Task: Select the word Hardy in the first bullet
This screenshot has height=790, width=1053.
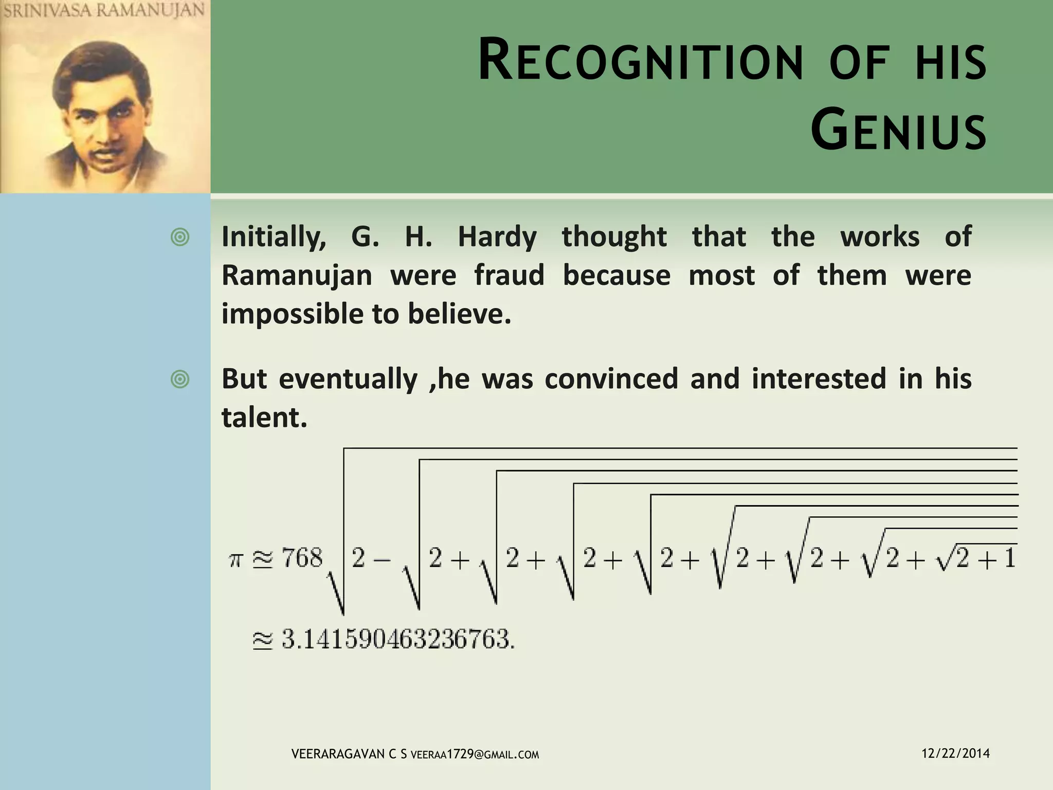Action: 497,237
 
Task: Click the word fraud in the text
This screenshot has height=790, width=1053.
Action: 509,275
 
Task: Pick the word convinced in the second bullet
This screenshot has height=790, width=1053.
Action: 611,379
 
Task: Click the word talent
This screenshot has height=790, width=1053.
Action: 264,417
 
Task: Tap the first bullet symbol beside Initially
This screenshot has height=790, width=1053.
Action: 180,238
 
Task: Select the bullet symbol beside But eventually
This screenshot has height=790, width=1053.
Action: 180,380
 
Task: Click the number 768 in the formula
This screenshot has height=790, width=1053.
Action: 302,559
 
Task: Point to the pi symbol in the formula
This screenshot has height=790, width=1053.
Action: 235,560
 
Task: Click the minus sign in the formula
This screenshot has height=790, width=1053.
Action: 382,559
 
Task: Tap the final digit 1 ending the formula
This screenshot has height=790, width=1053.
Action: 1010,559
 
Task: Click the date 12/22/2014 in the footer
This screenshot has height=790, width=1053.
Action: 955,753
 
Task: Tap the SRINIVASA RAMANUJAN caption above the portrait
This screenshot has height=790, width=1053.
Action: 104,11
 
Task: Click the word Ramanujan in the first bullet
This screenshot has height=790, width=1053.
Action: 297,275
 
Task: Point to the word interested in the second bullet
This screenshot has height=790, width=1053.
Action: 819,379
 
